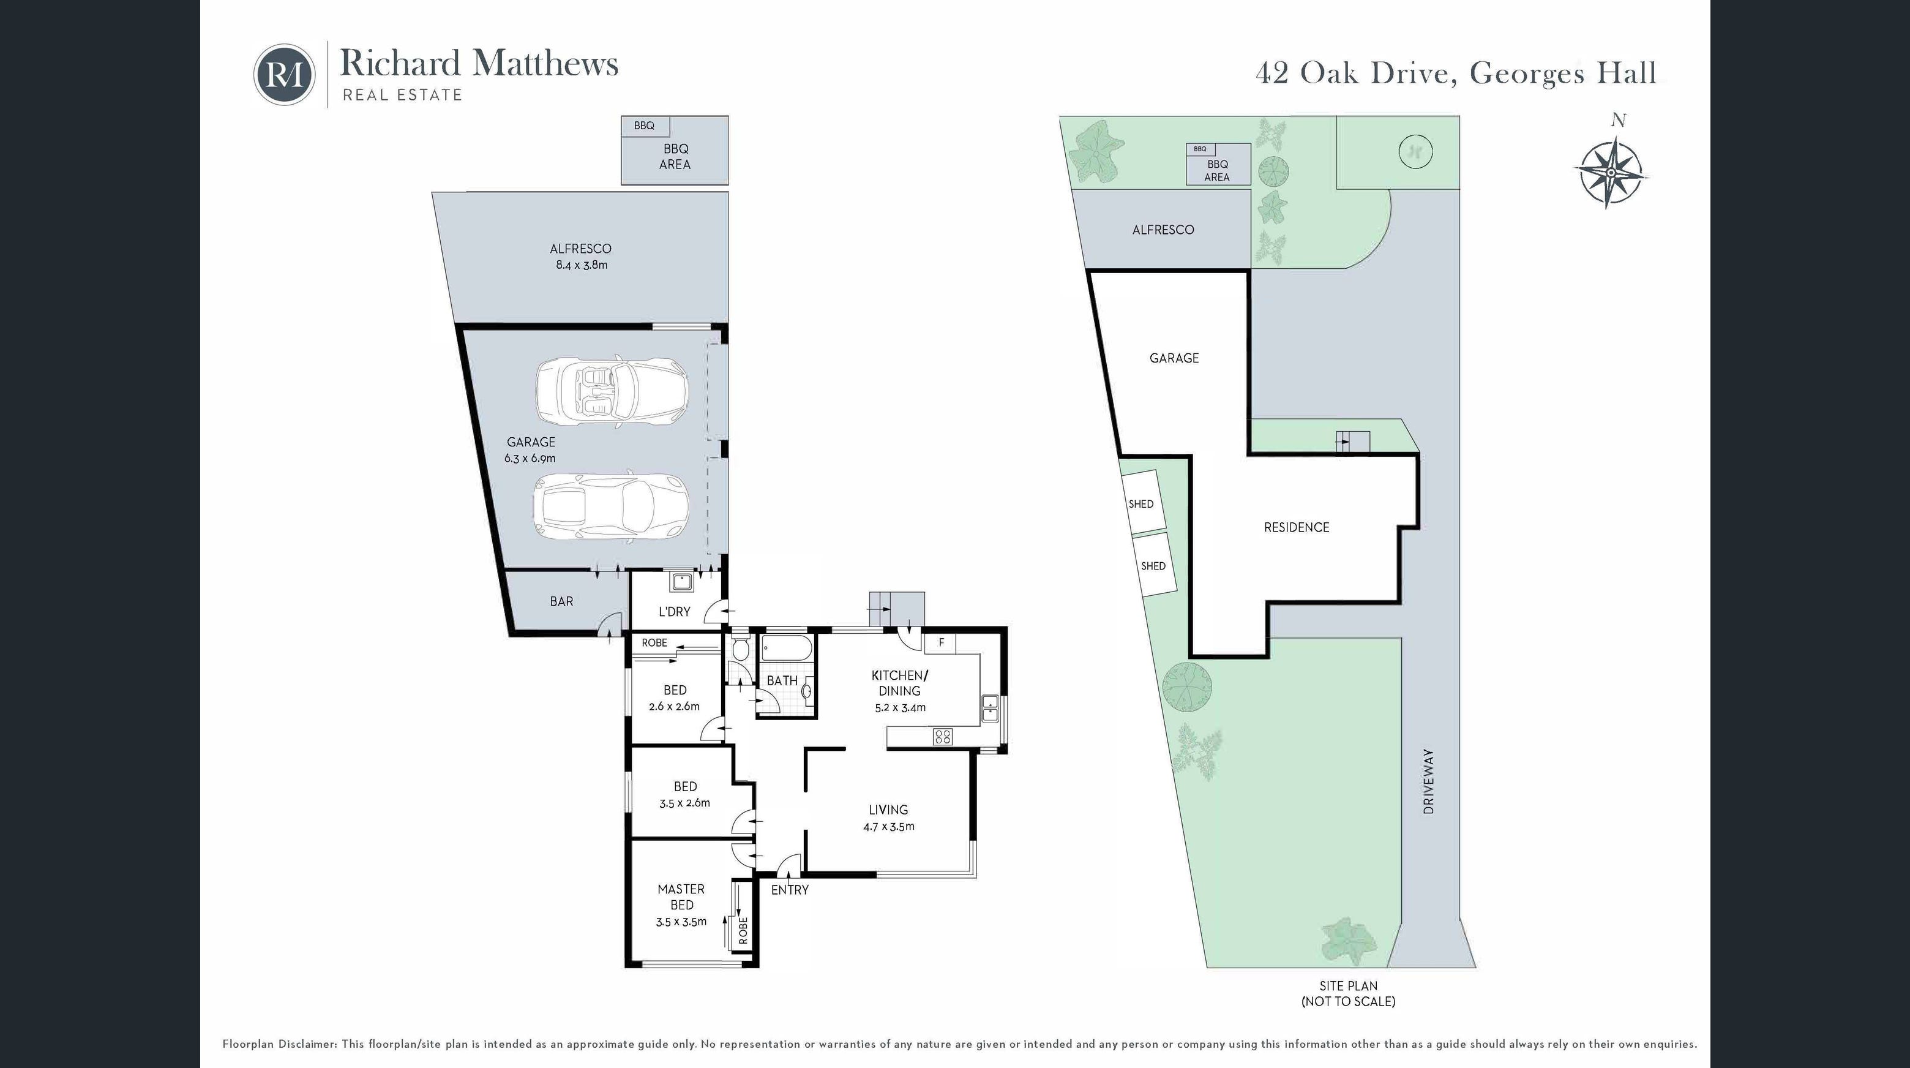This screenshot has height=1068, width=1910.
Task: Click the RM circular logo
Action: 285,74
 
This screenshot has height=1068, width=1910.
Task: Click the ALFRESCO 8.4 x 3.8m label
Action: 582,257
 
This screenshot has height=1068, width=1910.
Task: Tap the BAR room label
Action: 561,601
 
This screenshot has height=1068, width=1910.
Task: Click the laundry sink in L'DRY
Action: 681,580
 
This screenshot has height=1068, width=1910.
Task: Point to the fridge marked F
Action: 940,642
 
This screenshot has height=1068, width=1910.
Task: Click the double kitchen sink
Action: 991,709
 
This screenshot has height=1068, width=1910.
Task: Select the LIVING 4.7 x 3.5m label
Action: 888,818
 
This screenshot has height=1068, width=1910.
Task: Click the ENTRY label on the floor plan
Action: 790,890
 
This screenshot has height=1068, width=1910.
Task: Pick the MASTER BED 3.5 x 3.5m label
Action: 681,906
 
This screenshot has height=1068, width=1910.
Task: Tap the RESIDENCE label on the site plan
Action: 1297,527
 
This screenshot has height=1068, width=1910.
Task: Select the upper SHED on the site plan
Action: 1141,503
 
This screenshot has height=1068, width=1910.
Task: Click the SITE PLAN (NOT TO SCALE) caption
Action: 1348,994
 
